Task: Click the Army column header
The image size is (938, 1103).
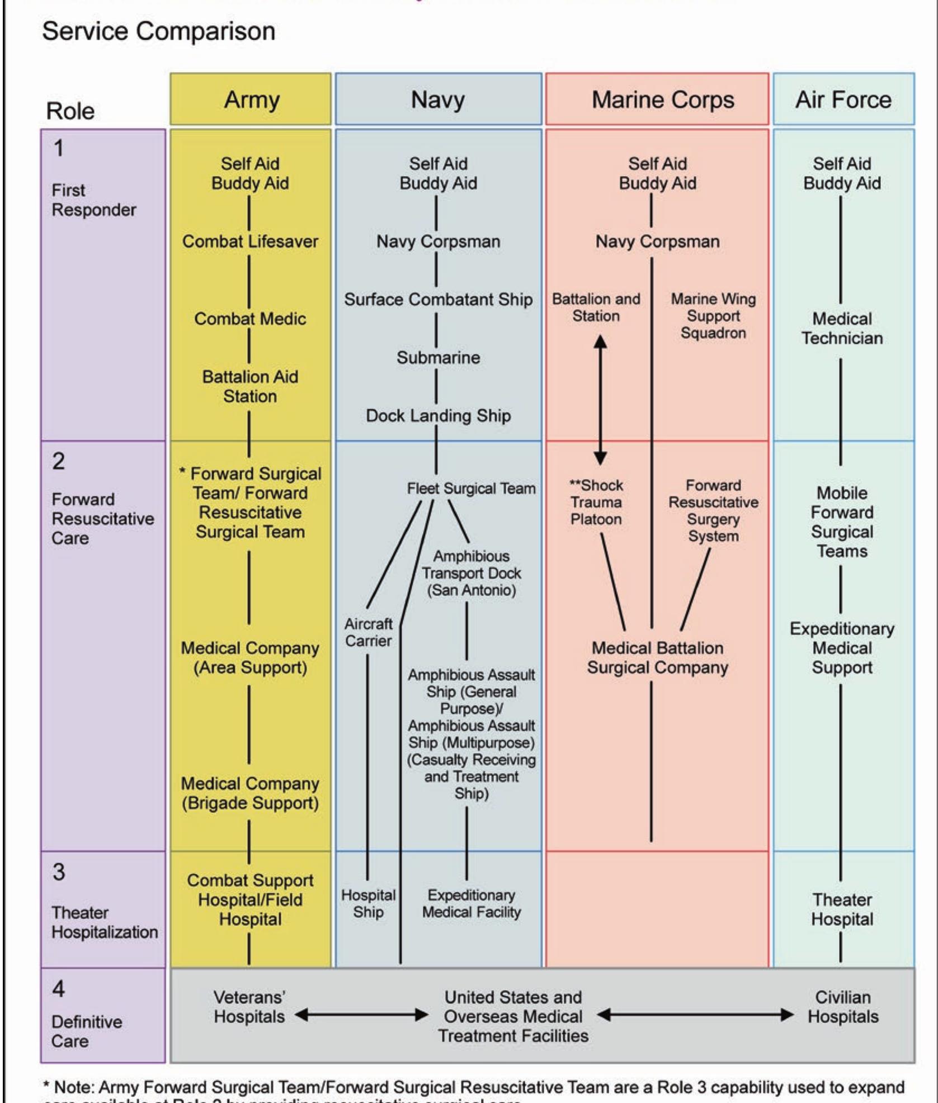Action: click(x=251, y=100)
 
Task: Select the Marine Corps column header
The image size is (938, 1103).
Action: click(x=657, y=100)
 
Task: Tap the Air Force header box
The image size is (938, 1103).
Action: click(x=843, y=100)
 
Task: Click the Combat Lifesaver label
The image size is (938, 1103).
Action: click(x=250, y=242)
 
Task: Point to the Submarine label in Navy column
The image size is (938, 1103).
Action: click(x=438, y=357)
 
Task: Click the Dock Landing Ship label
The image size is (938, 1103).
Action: click(x=438, y=415)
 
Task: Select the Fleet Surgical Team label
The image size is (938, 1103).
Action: click(x=471, y=489)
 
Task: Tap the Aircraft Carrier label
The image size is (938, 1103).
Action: click(x=368, y=632)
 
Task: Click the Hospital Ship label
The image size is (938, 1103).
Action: click(x=368, y=903)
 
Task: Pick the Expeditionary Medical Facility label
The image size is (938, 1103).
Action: click(x=471, y=903)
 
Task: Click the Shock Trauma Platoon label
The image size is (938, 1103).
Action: click(x=596, y=502)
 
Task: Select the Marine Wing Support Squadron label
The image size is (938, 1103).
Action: click(x=713, y=316)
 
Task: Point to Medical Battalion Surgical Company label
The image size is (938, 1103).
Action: click(x=657, y=657)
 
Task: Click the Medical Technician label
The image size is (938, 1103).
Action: click(x=842, y=328)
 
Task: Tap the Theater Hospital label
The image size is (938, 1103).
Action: click(x=842, y=909)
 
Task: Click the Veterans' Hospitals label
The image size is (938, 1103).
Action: click(x=249, y=1007)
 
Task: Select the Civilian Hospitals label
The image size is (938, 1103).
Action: click(x=842, y=1007)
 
